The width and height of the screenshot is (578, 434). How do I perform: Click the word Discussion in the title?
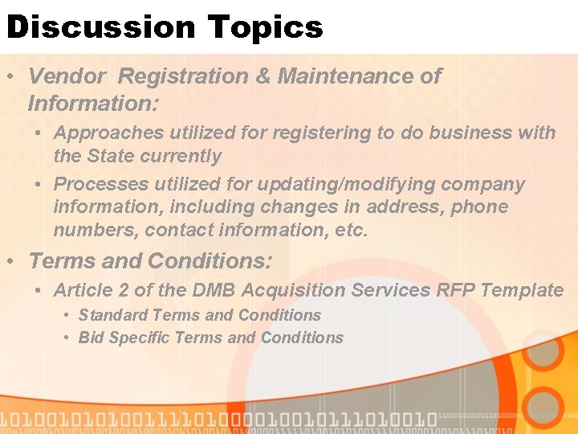(x=100, y=27)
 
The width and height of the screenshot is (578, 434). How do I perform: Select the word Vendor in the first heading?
(x=67, y=76)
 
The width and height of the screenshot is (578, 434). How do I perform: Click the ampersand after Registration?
(x=262, y=76)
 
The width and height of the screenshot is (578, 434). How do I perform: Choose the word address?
(x=397, y=207)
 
